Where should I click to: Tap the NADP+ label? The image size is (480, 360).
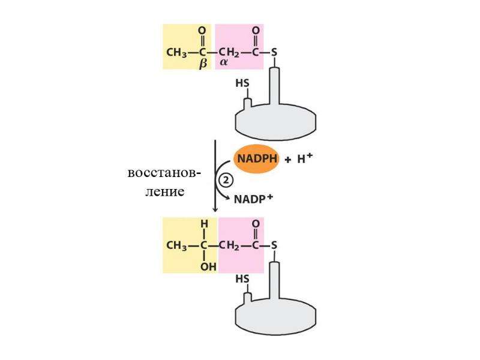(253, 199)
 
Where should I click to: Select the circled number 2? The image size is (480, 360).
(226, 181)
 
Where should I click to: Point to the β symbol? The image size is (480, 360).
(203, 64)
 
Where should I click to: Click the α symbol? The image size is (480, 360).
(223, 62)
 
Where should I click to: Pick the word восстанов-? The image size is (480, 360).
(164, 173)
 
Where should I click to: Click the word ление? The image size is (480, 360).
(164, 192)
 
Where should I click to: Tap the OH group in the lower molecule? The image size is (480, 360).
(208, 267)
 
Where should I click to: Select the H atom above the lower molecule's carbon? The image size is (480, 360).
(204, 224)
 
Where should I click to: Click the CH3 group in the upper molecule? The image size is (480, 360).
(176, 53)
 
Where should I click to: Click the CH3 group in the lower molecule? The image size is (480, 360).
(176, 245)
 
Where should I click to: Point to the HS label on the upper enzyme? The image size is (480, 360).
(242, 83)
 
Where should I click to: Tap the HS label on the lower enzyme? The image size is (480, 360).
(242, 279)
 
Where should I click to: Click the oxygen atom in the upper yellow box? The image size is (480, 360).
(202, 31)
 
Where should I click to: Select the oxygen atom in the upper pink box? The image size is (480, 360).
(256, 31)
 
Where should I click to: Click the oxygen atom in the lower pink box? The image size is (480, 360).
(256, 223)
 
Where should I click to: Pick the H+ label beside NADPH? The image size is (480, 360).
(305, 158)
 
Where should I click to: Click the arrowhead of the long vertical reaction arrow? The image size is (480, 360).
(215, 209)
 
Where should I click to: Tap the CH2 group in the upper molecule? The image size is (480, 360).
(229, 53)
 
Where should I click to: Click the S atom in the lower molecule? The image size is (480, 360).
(274, 245)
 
